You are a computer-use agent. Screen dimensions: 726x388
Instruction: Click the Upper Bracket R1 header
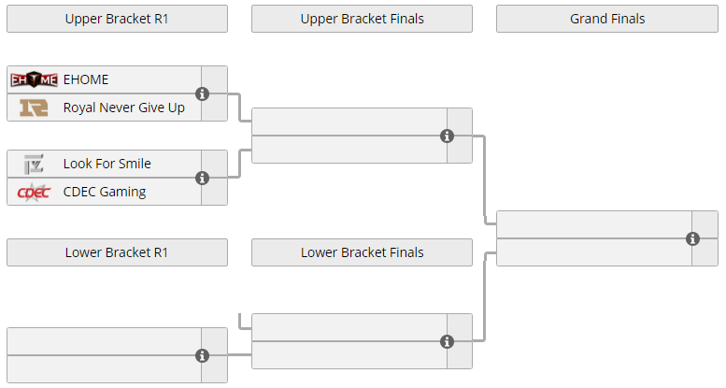[117, 19]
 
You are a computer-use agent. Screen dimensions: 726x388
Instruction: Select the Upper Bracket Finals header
[363, 19]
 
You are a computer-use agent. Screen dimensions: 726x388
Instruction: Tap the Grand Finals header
[607, 19]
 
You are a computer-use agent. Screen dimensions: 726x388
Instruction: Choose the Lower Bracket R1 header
[117, 252]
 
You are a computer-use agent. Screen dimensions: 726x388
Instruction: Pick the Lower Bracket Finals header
[363, 252]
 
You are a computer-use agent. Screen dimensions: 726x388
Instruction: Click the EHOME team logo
[34, 79]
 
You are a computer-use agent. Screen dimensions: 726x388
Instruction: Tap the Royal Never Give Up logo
[34, 108]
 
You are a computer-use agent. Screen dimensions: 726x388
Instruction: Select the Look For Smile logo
[34, 165]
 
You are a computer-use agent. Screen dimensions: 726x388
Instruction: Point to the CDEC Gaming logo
[34, 192]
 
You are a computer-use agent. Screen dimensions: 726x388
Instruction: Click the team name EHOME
[86, 79]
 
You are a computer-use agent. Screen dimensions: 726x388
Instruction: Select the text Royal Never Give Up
[124, 108]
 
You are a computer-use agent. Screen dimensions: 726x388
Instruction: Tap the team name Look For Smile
[107, 164]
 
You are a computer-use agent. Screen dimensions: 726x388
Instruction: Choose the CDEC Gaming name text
[105, 192]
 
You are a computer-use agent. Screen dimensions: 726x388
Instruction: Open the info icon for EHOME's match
[202, 93]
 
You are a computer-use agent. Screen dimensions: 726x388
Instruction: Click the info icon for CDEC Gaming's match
[202, 178]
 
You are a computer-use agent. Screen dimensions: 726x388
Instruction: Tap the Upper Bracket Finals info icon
[447, 136]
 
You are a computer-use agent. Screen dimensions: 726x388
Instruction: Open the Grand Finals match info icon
[692, 238]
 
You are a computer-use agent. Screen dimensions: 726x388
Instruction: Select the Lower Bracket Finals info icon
[447, 341]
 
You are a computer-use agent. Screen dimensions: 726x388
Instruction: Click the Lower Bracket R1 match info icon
[202, 355]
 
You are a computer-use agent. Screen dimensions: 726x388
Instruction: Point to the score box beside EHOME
[214, 79]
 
